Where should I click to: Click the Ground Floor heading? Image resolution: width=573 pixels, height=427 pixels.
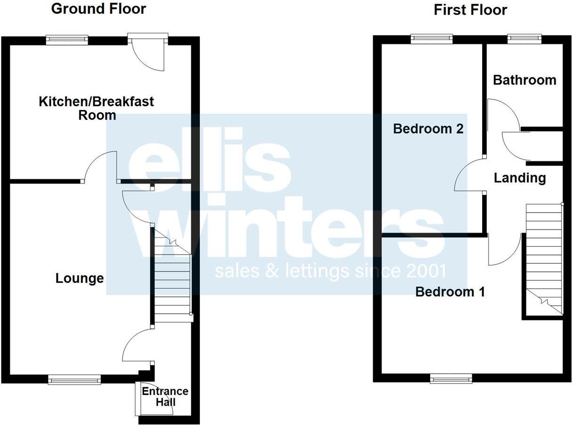coord(98,8)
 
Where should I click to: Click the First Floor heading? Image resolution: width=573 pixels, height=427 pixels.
coord(470,9)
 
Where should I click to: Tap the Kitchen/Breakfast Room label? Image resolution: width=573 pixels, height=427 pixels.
coord(97,108)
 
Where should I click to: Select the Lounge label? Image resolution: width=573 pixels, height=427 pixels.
coord(80,278)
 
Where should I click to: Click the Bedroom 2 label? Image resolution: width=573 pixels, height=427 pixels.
coord(428,128)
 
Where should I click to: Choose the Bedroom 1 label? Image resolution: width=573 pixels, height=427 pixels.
coord(450,292)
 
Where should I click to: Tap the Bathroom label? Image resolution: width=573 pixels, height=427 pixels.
coord(524,80)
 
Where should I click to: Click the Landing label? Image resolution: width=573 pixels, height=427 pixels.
coord(520,178)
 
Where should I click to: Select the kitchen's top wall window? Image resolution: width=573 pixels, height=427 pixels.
coord(67,40)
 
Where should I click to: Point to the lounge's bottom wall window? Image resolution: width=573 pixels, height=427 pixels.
coord(74,379)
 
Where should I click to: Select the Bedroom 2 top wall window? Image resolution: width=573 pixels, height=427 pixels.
coord(432,39)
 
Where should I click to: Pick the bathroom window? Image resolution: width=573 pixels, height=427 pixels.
coord(524,39)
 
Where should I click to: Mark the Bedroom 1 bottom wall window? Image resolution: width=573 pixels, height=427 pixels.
coord(451,378)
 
